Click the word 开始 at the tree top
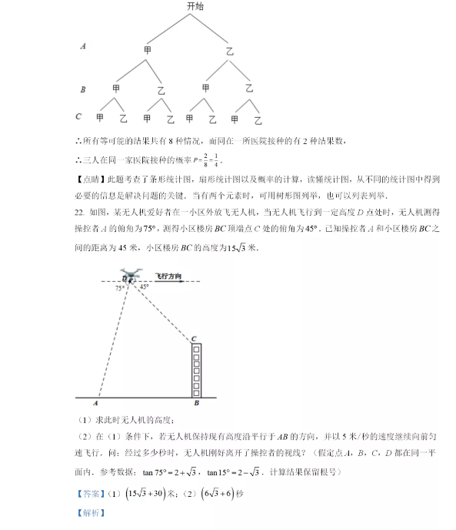tap(195, 6)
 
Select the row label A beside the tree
tap(83, 46)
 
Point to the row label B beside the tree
tap(83, 89)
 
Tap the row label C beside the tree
tap(79, 116)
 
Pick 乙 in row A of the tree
tap(229, 52)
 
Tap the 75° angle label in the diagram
tap(119, 289)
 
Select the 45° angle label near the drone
tap(145, 287)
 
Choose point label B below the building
tap(197, 404)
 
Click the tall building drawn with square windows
tap(196, 371)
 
